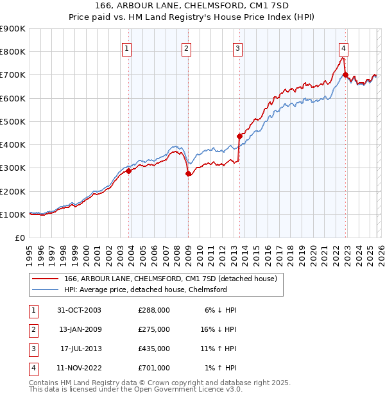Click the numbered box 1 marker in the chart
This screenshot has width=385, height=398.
(x=126, y=48)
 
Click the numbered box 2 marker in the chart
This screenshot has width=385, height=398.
(x=186, y=48)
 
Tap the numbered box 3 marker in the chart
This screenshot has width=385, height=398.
(x=237, y=48)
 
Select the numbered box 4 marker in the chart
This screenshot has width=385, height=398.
(x=344, y=48)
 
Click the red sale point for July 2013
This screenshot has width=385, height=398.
(x=239, y=136)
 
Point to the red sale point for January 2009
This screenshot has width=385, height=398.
(x=188, y=173)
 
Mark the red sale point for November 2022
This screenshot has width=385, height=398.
(x=346, y=74)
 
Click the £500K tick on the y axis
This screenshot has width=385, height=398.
(x=13, y=121)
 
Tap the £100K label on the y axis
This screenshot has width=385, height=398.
(x=13, y=214)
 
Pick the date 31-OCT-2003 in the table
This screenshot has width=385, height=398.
(x=78, y=310)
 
